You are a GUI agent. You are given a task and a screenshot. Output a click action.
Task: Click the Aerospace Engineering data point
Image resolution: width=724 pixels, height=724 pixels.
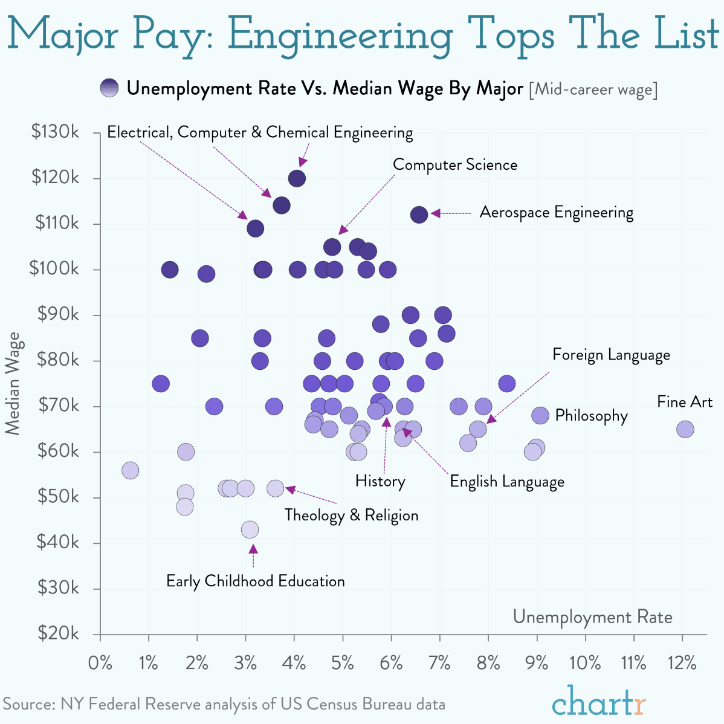tap(419, 214)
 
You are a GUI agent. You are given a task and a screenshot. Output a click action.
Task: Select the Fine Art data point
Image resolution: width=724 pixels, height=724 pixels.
tap(685, 429)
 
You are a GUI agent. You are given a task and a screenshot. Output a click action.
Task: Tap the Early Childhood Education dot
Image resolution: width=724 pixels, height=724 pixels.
tap(250, 529)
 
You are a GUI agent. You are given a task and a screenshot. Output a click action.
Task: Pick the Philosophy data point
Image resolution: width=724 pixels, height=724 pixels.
tap(540, 415)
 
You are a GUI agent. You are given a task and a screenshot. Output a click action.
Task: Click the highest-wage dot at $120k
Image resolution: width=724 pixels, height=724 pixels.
tap(297, 178)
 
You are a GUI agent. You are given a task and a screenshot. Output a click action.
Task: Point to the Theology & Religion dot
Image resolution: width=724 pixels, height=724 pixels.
tap(276, 488)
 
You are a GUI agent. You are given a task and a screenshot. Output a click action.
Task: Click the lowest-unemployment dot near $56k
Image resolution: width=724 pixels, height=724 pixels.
tap(130, 470)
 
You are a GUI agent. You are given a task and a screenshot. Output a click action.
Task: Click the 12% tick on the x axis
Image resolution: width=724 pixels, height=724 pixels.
tap(682, 663)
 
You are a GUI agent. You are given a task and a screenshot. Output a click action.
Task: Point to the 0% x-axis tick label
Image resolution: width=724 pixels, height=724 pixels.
tap(100, 663)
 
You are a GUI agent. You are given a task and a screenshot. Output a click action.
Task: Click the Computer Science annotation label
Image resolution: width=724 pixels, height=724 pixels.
tap(455, 165)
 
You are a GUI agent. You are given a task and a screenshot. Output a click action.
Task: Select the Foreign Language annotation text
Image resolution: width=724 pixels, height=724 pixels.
tap(611, 355)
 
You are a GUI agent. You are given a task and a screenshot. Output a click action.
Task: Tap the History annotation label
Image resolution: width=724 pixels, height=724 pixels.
tap(380, 481)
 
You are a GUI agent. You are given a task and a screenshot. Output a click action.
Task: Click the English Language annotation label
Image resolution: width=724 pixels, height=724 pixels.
tap(507, 482)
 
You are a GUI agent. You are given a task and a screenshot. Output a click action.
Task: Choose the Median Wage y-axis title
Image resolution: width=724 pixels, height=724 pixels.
tap(13, 383)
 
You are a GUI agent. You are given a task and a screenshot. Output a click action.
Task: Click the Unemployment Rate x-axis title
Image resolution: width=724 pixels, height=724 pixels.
tap(592, 617)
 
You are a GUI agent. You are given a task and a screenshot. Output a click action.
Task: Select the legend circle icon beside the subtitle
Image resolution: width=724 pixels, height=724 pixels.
tap(110, 88)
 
